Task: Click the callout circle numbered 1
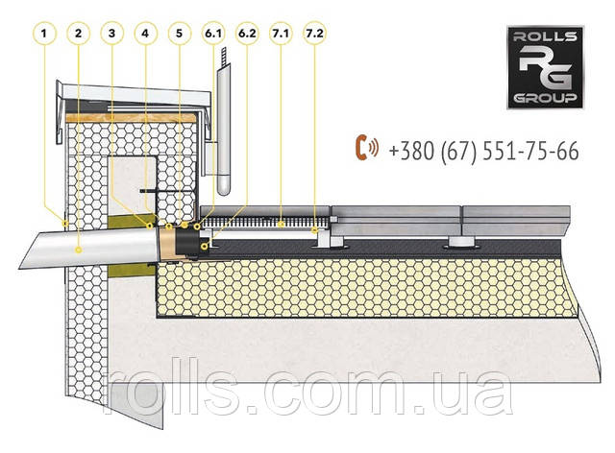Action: pos(44,34)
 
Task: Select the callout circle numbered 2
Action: pos(78,34)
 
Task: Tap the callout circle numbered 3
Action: pos(111,34)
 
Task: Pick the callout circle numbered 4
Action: pos(145,34)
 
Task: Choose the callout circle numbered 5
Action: pos(180,34)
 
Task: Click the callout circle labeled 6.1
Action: pos(213,34)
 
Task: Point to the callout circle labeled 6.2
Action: pos(247,34)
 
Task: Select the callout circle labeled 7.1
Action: pos(281,34)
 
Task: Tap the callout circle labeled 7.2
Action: pos(314,34)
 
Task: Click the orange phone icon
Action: pos(366,148)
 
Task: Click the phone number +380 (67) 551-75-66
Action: pos(483,151)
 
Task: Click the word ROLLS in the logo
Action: pos(545,36)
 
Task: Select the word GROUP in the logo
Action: pos(545,98)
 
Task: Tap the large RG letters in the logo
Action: pos(545,67)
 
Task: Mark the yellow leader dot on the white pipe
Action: pos(79,250)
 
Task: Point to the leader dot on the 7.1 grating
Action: pos(281,225)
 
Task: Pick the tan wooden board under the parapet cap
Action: pos(131,117)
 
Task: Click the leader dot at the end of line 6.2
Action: pos(204,246)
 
